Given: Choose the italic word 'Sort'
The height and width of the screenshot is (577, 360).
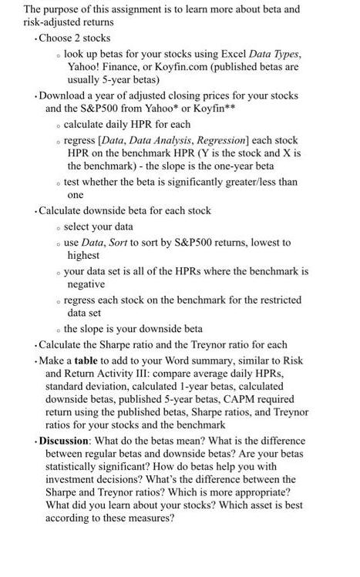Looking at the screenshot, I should pyautogui.click(x=123, y=242).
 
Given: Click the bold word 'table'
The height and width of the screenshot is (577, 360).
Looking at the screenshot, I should pyautogui.click(x=86, y=361).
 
